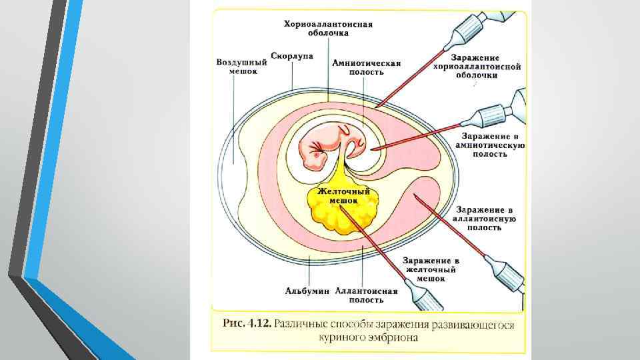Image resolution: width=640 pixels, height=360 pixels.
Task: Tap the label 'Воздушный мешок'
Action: point(241,67)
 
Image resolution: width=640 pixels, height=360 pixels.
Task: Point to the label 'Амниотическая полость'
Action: point(366,68)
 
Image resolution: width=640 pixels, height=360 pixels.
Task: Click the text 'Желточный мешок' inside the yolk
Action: point(343,195)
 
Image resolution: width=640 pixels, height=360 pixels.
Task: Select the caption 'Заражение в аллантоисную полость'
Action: point(485,218)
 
